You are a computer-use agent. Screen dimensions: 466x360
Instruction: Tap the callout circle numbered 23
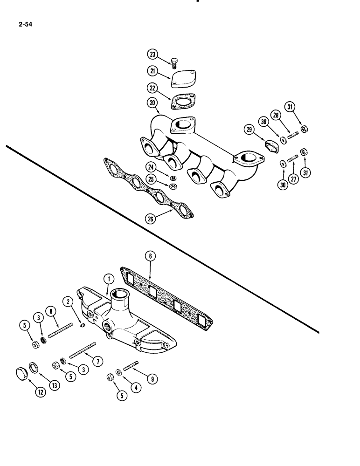pos(153,55)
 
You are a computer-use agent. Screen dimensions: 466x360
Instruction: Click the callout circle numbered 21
pos(153,70)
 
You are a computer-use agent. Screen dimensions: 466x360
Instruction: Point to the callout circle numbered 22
pos(153,88)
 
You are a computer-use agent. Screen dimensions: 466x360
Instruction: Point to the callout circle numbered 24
pos(151,167)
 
